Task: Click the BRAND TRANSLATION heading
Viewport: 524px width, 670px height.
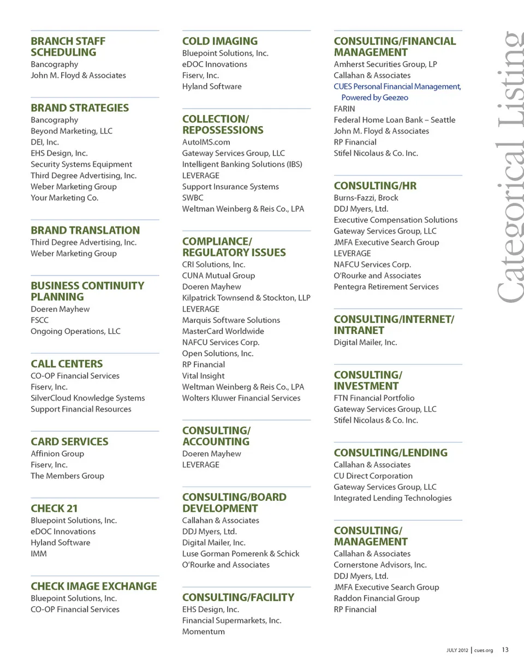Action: pyautogui.click(x=85, y=230)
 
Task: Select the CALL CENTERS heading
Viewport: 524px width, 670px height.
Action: pyautogui.click(x=67, y=364)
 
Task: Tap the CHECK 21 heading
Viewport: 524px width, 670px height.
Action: pyautogui.click(x=54, y=509)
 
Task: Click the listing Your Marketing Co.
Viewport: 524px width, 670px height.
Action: pyautogui.click(x=64, y=198)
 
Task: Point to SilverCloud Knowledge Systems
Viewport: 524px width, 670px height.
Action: pyautogui.click(x=88, y=398)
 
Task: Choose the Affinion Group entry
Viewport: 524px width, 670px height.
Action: pyautogui.click(x=57, y=453)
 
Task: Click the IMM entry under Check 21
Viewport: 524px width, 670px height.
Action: pyautogui.click(x=39, y=553)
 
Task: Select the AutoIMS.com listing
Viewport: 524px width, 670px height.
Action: pyautogui.click(x=206, y=142)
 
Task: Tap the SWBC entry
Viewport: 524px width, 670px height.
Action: pyautogui.click(x=193, y=198)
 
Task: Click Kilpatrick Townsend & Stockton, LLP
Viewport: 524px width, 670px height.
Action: pyautogui.click(x=246, y=298)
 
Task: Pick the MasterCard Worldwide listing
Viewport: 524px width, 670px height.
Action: pyautogui.click(x=223, y=331)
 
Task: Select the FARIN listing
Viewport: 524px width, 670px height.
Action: pyautogui.click(x=344, y=109)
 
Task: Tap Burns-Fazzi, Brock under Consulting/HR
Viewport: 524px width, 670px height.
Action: pyautogui.click(x=366, y=198)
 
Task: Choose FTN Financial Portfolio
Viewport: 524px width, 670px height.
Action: pyautogui.click(x=374, y=398)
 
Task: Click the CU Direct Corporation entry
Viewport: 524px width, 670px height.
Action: pyautogui.click(x=373, y=476)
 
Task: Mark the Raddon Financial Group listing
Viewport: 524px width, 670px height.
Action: pyautogui.click(x=377, y=598)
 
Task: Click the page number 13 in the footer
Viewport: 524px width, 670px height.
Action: pyautogui.click(x=505, y=650)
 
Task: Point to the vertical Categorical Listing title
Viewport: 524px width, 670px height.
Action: pyautogui.click(x=508, y=166)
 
